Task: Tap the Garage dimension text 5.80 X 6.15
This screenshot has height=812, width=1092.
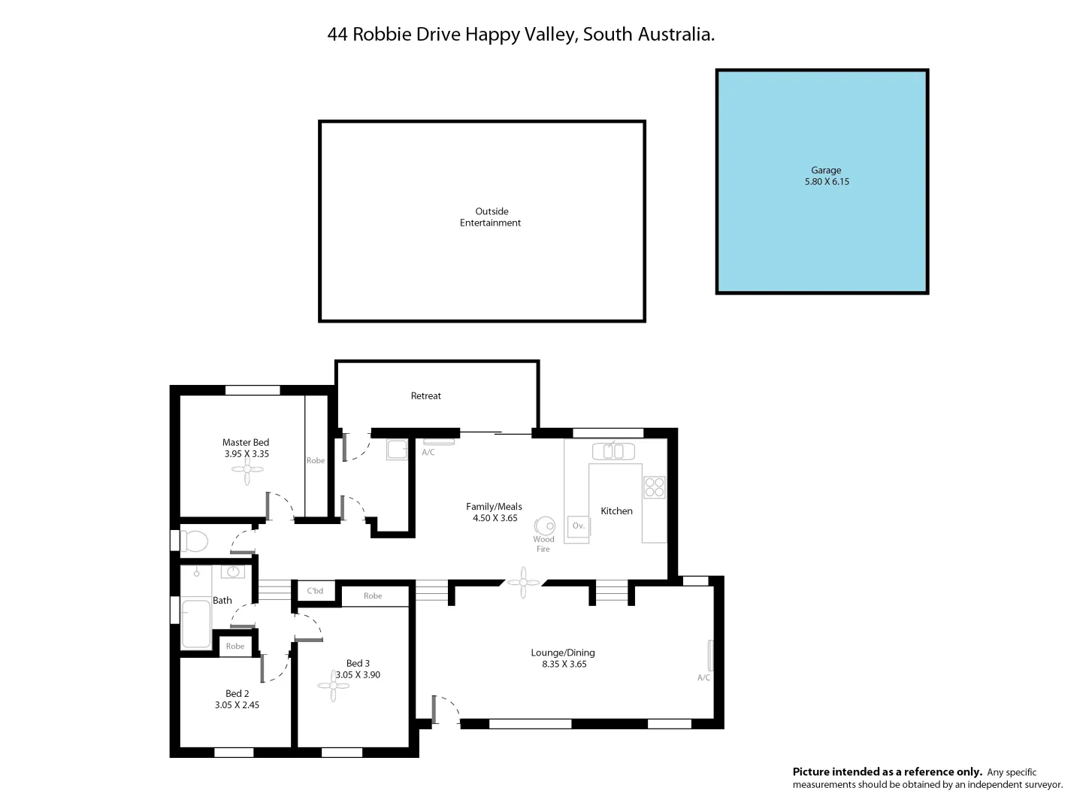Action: pyautogui.click(x=827, y=182)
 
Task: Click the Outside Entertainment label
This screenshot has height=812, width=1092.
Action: pyautogui.click(x=491, y=217)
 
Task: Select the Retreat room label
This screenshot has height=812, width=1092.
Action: pyautogui.click(x=425, y=396)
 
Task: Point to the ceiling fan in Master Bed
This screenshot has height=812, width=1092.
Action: pyautogui.click(x=247, y=470)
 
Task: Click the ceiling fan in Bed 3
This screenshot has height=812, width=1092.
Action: pyautogui.click(x=334, y=686)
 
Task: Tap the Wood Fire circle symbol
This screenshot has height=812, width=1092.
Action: pyautogui.click(x=544, y=526)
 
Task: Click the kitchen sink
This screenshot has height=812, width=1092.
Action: pyautogui.click(x=613, y=451)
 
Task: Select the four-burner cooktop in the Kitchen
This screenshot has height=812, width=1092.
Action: pyautogui.click(x=654, y=487)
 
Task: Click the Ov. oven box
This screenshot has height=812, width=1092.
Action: pyautogui.click(x=578, y=526)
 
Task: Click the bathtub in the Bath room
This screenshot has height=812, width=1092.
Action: pyautogui.click(x=196, y=623)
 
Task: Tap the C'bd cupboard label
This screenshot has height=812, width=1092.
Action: pyautogui.click(x=315, y=591)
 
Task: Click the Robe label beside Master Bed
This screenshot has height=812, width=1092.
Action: pyautogui.click(x=316, y=460)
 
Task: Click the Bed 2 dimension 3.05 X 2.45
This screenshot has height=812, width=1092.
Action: pyautogui.click(x=237, y=705)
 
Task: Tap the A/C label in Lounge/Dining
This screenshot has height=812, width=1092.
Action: pyautogui.click(x=703, y=677)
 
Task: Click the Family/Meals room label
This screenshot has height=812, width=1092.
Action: pyautogui.click(x=494, y=507)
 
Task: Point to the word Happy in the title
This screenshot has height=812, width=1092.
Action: pyautogui.click(x=492, y=35)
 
